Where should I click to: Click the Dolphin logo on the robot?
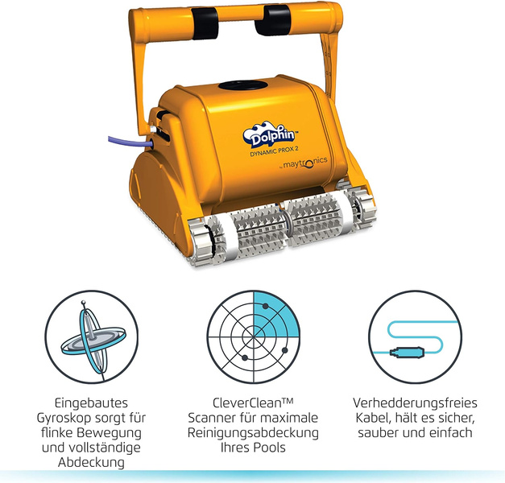269,135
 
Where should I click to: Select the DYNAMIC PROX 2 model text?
274,151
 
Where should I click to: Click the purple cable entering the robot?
130,142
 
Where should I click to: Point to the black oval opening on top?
243,85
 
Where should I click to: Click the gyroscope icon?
92,337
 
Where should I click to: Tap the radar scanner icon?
254,337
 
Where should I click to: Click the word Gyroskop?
77,418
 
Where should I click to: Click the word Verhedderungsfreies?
415,402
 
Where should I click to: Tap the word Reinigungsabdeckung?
253,433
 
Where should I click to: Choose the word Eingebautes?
91,403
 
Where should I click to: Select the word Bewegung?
114,433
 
